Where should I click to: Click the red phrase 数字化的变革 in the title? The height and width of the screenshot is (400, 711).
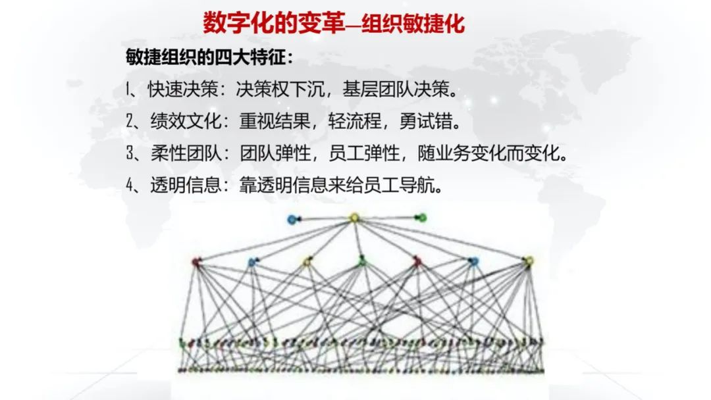273,23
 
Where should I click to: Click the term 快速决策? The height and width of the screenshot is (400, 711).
183,89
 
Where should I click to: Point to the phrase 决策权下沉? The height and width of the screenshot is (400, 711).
280,89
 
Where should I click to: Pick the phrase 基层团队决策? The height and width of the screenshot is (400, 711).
396,89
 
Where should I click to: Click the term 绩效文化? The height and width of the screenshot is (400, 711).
186,121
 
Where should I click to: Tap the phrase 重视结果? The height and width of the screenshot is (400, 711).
275,121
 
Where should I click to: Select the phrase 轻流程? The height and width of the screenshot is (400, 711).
355,121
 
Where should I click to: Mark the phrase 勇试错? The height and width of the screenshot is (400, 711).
425,121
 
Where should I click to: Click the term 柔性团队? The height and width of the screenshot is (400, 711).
186,153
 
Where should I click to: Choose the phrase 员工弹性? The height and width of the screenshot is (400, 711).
364,153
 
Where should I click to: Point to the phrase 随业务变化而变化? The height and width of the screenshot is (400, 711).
488,153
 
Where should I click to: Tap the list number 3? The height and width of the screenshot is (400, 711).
130,153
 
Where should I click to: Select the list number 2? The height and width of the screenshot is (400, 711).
130,121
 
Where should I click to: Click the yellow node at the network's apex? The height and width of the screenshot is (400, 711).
354,218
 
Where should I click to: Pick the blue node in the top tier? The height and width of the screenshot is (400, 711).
292,220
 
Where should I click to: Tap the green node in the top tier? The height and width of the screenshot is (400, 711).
422,218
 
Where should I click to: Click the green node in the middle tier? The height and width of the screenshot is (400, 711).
362,261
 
